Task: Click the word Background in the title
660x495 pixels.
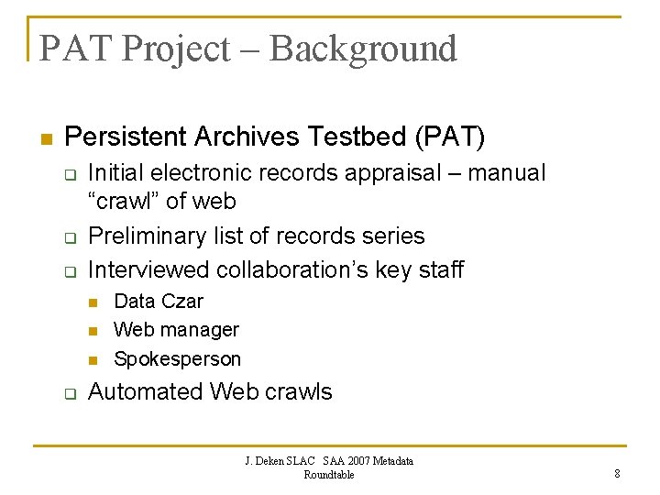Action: (363, 49)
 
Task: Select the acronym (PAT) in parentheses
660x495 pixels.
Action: (450, 137)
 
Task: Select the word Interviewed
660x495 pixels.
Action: (148, 269)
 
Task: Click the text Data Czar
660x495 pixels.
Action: (159, 301)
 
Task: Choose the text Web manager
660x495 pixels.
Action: (176, 329)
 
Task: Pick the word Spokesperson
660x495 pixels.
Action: (177, 358)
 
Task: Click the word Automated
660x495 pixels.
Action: (146, 392)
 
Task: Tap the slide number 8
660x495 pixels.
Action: (617, 474)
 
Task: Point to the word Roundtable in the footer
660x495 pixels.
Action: (328, 474)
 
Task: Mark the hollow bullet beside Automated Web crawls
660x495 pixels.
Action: (68, 394)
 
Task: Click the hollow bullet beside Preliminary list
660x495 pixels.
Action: (68, 238)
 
